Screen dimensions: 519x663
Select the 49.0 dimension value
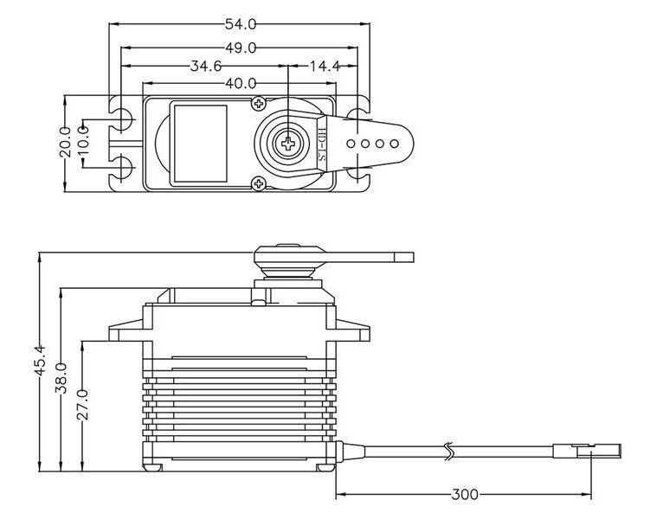click(241, 48)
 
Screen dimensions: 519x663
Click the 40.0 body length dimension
click(240, 84)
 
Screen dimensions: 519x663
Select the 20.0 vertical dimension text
click(66, 144)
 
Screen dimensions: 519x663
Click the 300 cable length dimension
click(465, 496)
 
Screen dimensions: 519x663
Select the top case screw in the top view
click(258, 105)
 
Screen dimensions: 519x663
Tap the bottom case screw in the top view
click(258, 182)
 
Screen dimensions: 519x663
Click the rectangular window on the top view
click(199, 143)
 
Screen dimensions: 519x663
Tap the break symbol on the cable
click(448, 450)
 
